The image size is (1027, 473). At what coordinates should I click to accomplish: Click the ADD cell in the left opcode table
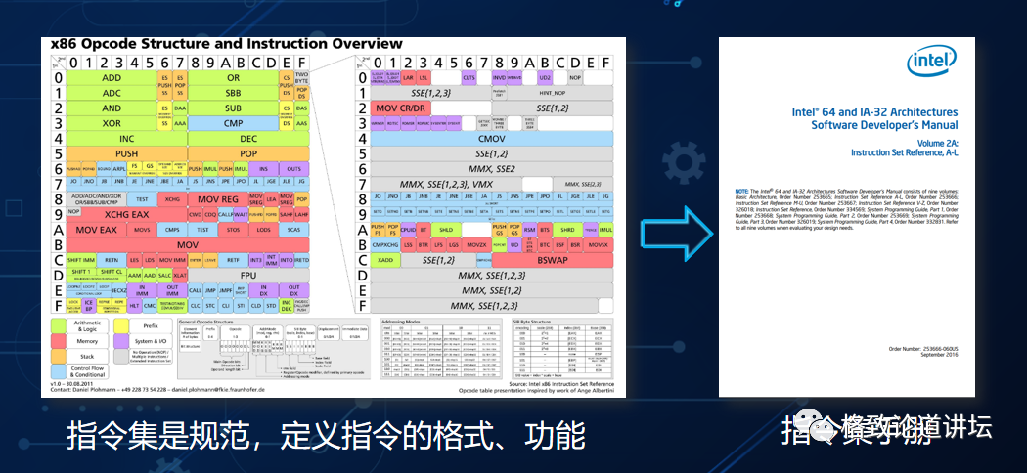click(112, 77)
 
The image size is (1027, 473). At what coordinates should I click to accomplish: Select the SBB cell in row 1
click(233, 93)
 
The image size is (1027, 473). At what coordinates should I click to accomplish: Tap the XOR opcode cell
click(112, 123)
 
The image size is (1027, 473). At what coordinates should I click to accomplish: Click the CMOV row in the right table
click(484, 139)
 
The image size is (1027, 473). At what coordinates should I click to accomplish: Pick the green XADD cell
click(385, 260)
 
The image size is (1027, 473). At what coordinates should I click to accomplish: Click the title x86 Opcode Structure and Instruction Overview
click(220, 44)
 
